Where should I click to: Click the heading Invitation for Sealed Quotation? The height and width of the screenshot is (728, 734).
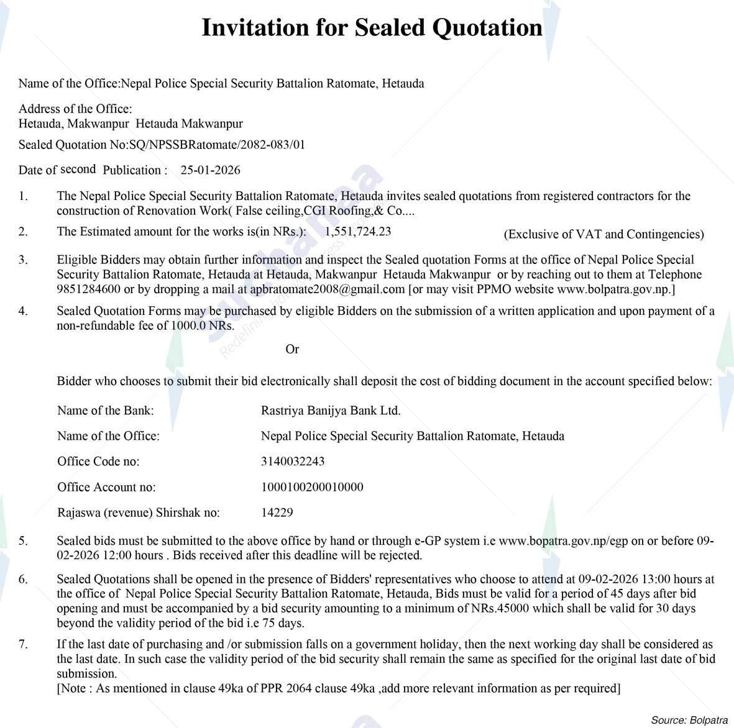(372, 28)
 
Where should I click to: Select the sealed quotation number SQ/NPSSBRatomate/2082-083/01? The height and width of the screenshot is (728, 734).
(217, 145)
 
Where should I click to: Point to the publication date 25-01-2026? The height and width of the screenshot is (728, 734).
(210, 170)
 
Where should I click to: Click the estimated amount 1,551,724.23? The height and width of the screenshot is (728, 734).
(358, 232)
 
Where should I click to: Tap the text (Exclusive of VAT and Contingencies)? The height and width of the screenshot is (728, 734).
(603, 234)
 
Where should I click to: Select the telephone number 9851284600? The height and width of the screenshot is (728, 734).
(88, 289)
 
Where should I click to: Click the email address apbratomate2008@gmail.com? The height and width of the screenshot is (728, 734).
(328, 289)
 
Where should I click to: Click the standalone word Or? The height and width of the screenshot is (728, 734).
(292, 350)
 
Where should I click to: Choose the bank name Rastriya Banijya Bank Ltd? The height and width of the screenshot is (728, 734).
(331, 411)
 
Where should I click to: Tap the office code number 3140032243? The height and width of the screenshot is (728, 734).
(293, 462)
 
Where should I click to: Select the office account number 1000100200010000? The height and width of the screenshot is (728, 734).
(312, 487)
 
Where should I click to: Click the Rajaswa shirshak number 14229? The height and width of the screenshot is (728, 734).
(277, 512)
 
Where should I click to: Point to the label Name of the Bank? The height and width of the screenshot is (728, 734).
(105, 411)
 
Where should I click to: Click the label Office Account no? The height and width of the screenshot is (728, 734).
(106, 487)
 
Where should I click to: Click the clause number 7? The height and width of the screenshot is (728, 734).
(23, 644)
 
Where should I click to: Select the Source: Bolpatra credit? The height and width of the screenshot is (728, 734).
(689, 721)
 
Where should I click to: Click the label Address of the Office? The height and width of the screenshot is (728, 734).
(75, 109)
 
